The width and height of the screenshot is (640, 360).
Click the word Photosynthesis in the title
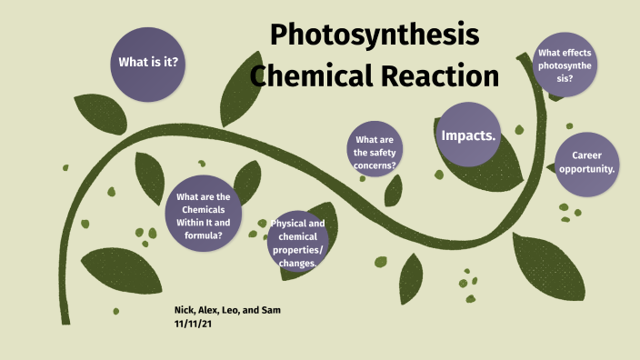click(x=374, y=35)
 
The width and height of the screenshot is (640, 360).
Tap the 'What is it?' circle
click(x=147, y=63)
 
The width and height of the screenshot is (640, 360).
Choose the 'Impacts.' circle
click(x=468, y=135)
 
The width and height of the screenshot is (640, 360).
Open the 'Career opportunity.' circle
click(x=587, y=163)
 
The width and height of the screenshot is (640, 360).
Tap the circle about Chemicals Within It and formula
click(x=203, y=215)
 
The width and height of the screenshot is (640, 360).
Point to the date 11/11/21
click(x=194, y=323)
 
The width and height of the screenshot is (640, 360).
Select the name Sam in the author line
click(x=271, y=310)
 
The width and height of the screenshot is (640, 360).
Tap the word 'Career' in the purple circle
click(x=587, y=155)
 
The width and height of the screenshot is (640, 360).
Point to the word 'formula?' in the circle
click(x=203, y=235)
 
